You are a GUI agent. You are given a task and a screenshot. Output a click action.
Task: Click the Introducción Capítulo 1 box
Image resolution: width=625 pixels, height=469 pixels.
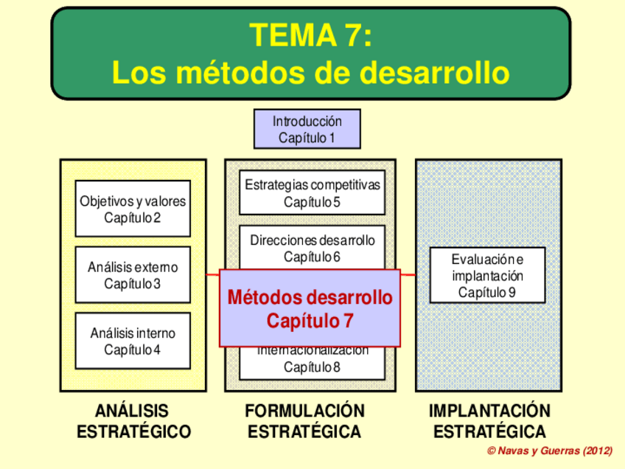[x=307, y=129]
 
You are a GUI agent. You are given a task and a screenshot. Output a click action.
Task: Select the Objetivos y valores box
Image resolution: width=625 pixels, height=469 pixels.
[x=133, y=209]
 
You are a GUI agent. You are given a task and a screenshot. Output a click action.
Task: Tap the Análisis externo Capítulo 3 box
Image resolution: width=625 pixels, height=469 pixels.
[x=133, y=275]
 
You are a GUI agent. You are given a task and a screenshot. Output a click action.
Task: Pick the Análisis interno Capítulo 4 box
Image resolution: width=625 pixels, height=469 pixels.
[x=133, y=341]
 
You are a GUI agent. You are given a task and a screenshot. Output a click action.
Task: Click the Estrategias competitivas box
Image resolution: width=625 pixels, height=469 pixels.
[x=312, y=193]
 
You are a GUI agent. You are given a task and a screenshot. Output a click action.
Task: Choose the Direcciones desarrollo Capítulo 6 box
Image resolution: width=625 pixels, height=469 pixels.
[x=312, y=248]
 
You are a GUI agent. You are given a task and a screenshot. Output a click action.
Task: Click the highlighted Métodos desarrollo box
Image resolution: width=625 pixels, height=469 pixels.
[x=310, y=308]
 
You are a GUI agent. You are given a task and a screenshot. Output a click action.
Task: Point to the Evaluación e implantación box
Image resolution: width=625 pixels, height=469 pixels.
[x=487, y=275]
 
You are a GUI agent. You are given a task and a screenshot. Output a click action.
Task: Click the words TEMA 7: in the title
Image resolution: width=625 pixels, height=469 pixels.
[x=310, y=35]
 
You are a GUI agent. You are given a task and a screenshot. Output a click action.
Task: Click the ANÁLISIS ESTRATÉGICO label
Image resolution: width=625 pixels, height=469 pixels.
[x=133, y=421]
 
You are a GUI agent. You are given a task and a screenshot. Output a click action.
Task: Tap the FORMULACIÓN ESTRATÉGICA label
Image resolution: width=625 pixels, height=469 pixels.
[x=304, y=421]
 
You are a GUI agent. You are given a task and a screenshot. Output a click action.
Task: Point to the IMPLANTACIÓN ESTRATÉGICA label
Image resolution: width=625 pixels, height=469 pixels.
[x=489, y=421]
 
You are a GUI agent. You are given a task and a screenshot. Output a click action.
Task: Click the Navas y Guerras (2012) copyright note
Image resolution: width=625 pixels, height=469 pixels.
[x=550, y=450]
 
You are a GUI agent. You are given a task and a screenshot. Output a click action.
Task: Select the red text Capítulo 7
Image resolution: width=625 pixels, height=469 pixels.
[x=310, y=322]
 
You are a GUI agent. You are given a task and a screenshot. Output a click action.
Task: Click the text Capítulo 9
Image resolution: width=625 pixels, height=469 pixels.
[x=487, y=292]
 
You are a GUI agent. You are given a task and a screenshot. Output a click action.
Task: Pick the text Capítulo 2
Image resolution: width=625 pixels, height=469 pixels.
[x=133, y=218]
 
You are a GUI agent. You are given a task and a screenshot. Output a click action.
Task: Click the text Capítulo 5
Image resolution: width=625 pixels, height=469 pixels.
[x=312, y=201]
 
